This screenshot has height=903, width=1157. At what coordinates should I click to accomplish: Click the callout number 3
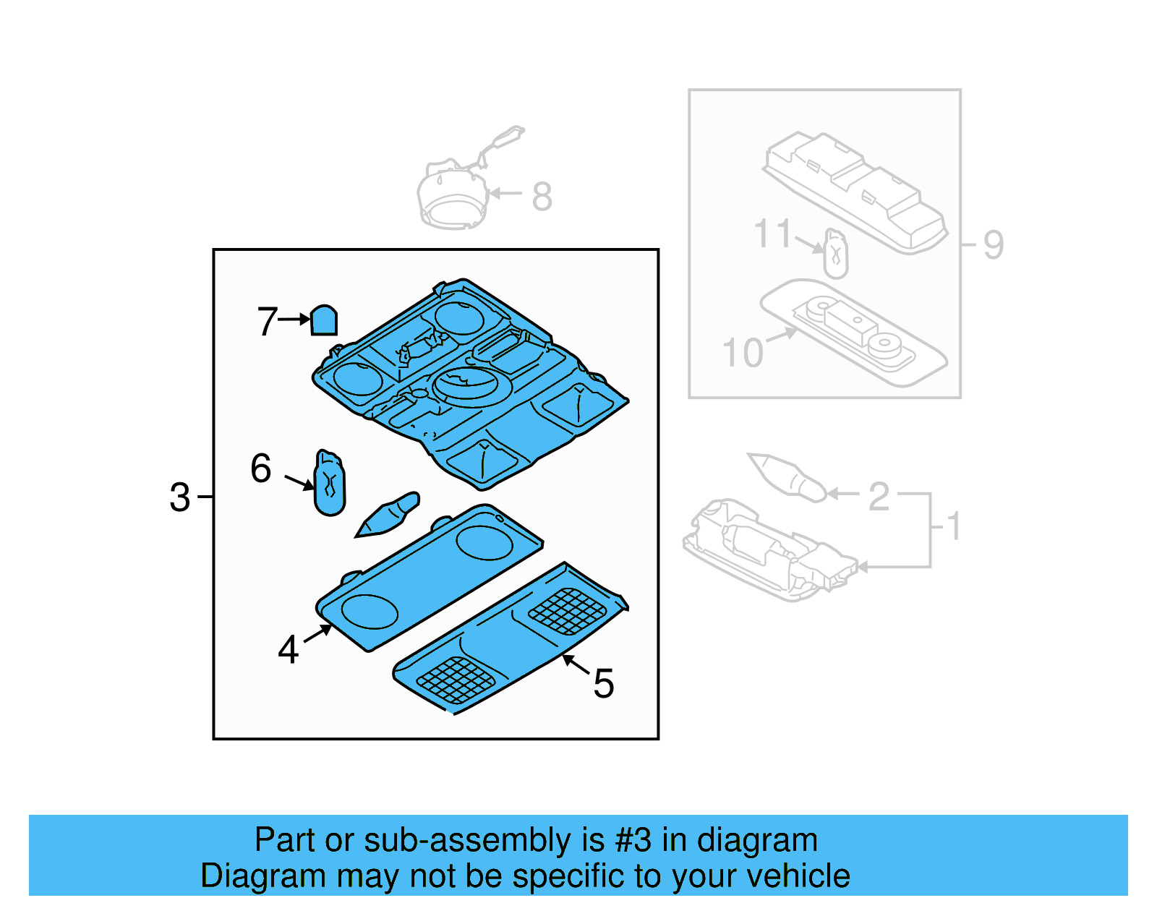pyautogui.click(x=179, y=497)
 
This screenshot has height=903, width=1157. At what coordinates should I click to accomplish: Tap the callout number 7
pyautogui.click(x=267, y=321)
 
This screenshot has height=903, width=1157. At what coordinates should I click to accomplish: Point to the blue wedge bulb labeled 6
pyautogui.click(x=330, y=484)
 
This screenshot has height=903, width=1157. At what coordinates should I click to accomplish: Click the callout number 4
pyautogui.click(x=288, y=649)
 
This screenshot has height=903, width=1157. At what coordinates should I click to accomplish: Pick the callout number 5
pyautogui.click(x=603, y=683)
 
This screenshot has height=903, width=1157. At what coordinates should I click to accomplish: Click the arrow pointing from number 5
pyautogui.click(x=576, y=663)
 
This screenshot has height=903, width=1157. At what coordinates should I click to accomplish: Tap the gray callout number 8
pyautogui.click(x=542, y=197)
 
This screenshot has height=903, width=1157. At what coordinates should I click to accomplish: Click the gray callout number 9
pyautogui.click(x=993, y=244)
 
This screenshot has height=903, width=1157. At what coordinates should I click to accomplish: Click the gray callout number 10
pyautogui.click(x=743, y=353)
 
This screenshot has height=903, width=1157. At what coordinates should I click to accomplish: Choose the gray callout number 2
pyautogui.click(x=878, y=497)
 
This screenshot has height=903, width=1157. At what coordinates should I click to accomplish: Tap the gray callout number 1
pyautogui.click(x=954, y=526)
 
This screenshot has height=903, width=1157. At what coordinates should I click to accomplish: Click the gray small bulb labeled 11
pyautogui.click(x=835, y=254)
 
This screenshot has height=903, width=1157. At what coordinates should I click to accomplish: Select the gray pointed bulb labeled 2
pyautogui.click(x=787, y=476)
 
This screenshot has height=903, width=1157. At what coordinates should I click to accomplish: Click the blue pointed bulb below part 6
pyautogui.click(x=389, y=514)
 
